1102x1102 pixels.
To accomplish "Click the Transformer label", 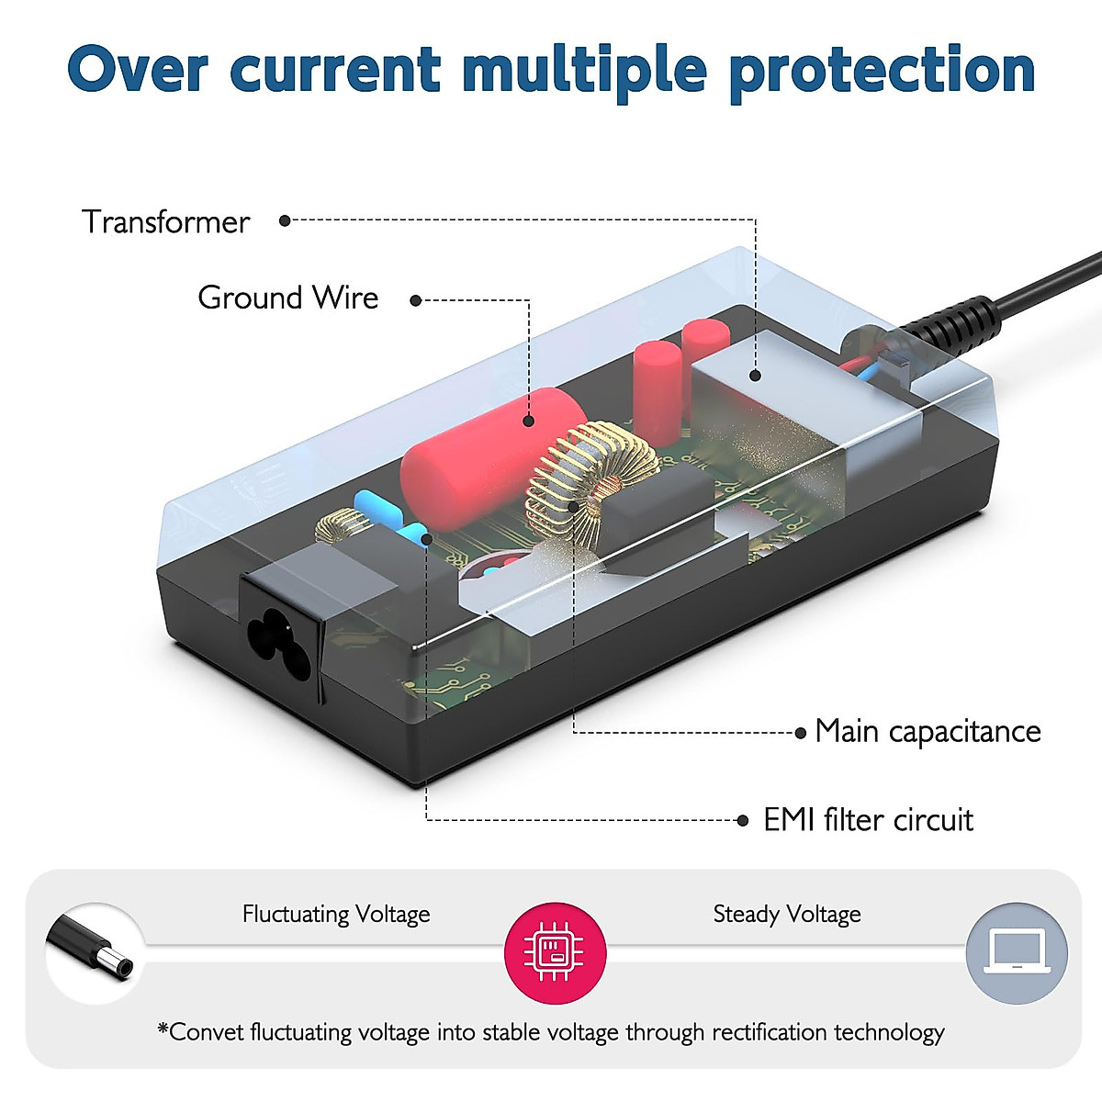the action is click(166, 222).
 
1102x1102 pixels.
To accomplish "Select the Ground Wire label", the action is click(288, 298).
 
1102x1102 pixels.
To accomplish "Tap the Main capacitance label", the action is click(928, 731).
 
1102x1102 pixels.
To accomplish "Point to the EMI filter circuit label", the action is click(868, 820).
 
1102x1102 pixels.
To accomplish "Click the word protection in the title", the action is click(883, 72).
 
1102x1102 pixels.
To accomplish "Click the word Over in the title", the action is click(137, 69).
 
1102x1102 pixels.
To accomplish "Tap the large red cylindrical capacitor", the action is click(492, 457).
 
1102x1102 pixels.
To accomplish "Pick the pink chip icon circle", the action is click(555, 953).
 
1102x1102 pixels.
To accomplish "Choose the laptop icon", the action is click(1017, 953).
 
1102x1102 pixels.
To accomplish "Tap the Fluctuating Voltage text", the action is click(336, 914).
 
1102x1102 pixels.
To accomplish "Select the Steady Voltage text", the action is click(787, 914).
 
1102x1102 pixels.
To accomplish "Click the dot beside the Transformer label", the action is click(284, 220).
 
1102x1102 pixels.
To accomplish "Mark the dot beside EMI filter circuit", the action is click(742, 821).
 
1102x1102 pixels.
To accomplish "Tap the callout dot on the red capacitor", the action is click(528, 422).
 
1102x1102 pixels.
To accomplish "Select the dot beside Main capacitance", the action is click(801, 733).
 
